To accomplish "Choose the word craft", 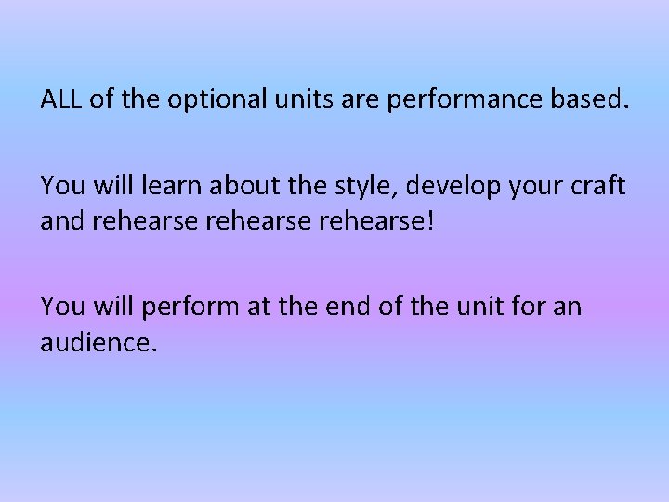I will point(600,185).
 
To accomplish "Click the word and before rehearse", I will point(61,219).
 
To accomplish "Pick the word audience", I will point(98,341).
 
